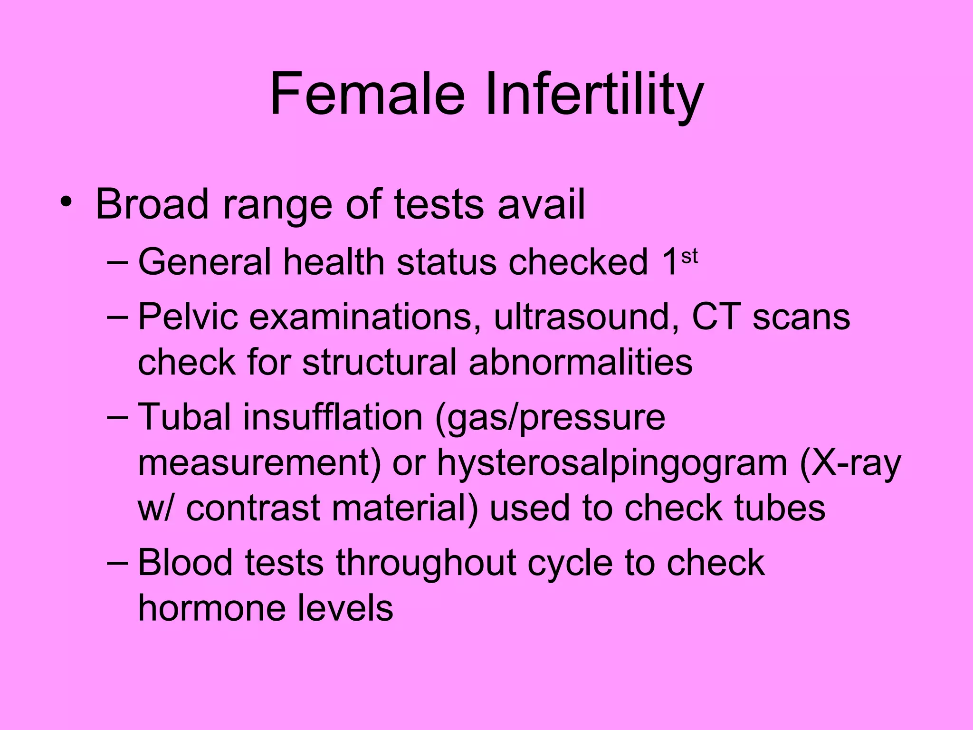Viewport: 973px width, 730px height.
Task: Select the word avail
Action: (541, 204)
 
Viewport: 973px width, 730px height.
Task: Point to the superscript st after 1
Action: (689, 257)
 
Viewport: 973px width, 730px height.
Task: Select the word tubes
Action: (780, 508)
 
